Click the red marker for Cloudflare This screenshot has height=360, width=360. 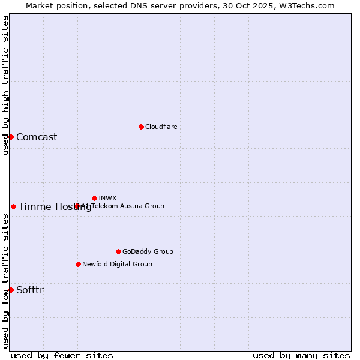point(141,127)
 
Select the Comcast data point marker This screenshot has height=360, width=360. point(11,137)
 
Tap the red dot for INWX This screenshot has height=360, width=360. point(94,198)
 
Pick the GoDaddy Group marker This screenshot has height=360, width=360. point(118,251)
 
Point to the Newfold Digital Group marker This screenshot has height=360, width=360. point(78,264)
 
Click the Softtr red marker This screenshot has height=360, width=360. point(11,290)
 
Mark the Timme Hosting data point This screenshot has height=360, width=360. point(13,206)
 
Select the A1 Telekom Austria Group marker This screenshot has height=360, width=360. point(77,206)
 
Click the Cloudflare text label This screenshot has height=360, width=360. point(161,127)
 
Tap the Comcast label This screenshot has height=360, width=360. point(37,137)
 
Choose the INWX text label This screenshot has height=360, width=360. point(107,198)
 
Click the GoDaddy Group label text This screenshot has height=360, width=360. point(148,251)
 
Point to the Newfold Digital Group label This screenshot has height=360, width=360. point(117,264)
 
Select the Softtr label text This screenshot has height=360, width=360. point(30,290)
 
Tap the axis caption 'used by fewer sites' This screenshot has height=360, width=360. point(62,355)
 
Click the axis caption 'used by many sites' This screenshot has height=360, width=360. point(301,355)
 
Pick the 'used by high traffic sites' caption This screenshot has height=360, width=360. point(5,85)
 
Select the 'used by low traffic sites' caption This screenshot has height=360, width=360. point(5,281)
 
